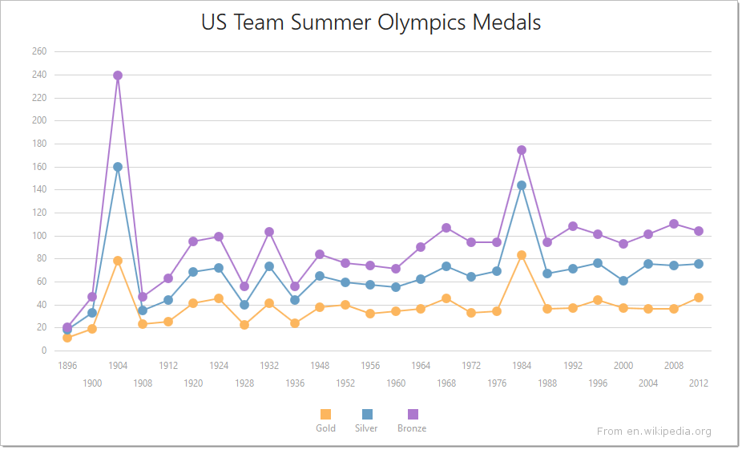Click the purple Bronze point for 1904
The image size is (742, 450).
click(118, 75)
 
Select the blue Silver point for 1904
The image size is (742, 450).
click(118, 167)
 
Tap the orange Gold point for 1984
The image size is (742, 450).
click(522, 255)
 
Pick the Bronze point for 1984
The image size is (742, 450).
click(522, 150)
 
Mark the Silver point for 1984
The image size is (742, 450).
click(522, 185)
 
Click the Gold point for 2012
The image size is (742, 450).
click(699, 298)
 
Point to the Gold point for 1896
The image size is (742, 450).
click(67, 338)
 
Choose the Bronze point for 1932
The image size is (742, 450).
click(269, 232)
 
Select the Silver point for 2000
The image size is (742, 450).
click(623, 281)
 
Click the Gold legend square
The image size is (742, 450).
click(325, 414)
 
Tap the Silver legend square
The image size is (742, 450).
click(367, 414)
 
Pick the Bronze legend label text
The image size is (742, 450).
click(412, 428)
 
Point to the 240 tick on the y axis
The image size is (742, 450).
click(39, 75)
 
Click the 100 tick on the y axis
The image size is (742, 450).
click(39, 236)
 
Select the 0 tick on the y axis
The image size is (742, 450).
click(44, 351)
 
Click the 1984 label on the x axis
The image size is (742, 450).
click(522, 366)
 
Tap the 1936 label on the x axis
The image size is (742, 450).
click(295, 383)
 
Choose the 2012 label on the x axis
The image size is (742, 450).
click(699, 383)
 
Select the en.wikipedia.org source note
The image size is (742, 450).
click(654, 432)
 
